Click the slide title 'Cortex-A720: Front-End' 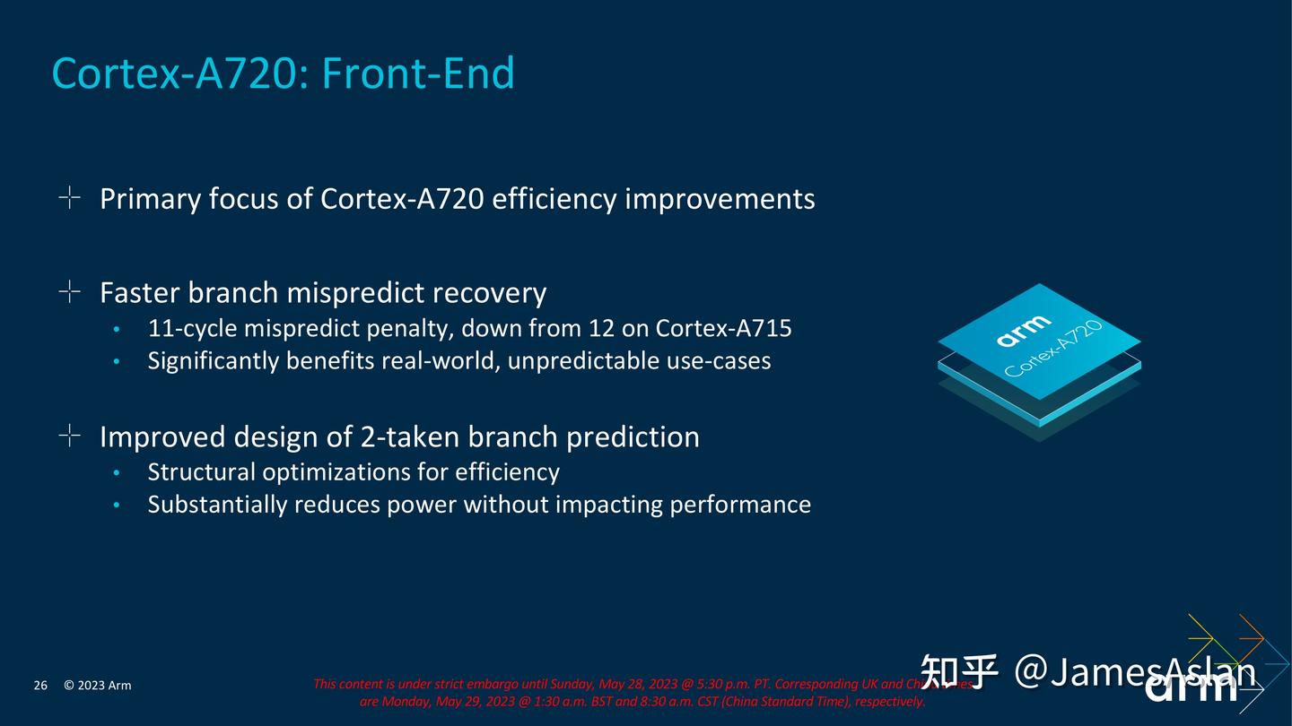pos(283,73)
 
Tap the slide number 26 pos(40,686)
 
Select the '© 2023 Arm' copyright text pos(97,686)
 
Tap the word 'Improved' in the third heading pos(161,436)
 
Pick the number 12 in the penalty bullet pos(601,328)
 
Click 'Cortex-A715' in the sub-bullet pos(723,328)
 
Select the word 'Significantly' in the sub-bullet pos(213,360)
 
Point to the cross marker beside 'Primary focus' pos(69,197)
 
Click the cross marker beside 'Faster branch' pos(69,291)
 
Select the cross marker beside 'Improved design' pos(69,436)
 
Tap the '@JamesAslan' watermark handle pos(1135,671)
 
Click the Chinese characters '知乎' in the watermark pos(959,672)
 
